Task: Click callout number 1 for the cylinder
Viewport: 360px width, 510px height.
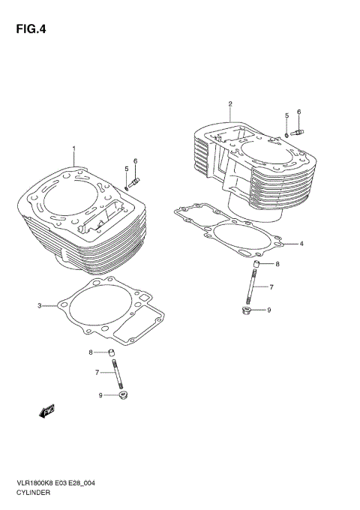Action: click(x=73, y=148)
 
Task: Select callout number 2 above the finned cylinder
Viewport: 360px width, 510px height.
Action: click(x=229, y=103)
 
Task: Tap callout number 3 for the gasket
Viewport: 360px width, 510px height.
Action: click(x=39, y=305)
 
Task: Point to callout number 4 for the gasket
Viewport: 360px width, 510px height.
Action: click(x=301, y=244)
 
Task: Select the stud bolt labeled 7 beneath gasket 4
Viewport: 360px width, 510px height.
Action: click(x=253, y=287)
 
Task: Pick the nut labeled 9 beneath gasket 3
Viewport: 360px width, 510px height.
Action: click(x=120, y=395)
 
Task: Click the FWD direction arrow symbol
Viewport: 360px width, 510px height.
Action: click(x=45, y=410)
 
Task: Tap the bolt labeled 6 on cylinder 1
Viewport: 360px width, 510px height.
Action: click(x=135, y=181)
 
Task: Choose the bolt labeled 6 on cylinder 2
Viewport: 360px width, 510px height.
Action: click(x=296, y=133)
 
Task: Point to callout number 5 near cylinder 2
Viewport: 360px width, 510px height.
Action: click(x=286, y=115)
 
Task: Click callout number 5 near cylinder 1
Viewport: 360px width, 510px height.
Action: click(x=126, y=169)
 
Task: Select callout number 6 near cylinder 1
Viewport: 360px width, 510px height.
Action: click(x=136, y=161)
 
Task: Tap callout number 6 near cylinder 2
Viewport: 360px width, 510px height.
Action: click(x=298, y=112)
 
